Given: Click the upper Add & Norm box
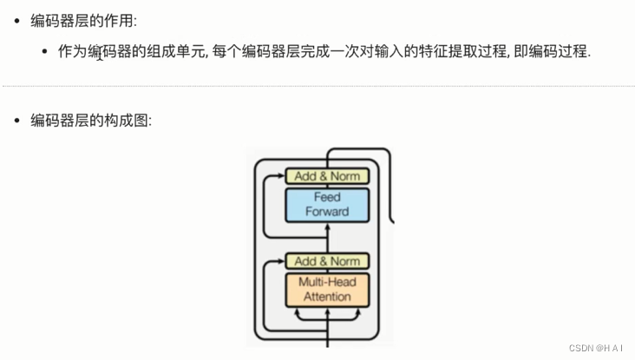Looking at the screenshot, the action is (x=327, y=176).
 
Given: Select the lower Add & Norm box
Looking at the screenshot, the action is (x=327, y=261).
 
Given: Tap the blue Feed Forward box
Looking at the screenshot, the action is (x=327, y=204).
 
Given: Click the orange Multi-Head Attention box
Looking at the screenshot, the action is (x=327, y=289).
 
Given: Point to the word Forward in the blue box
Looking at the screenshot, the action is (x=327, y=212).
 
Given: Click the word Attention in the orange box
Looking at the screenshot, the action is (x=327, y=297).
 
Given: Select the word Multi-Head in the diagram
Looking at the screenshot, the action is (x=327, y=282).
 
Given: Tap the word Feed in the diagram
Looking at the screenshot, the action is (x=327, y=197).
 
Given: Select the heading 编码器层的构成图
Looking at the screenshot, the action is (x=91, y=121).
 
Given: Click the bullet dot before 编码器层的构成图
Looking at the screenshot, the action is (x=16, y=121).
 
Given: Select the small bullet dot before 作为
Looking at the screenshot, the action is (x=44, y=52).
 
